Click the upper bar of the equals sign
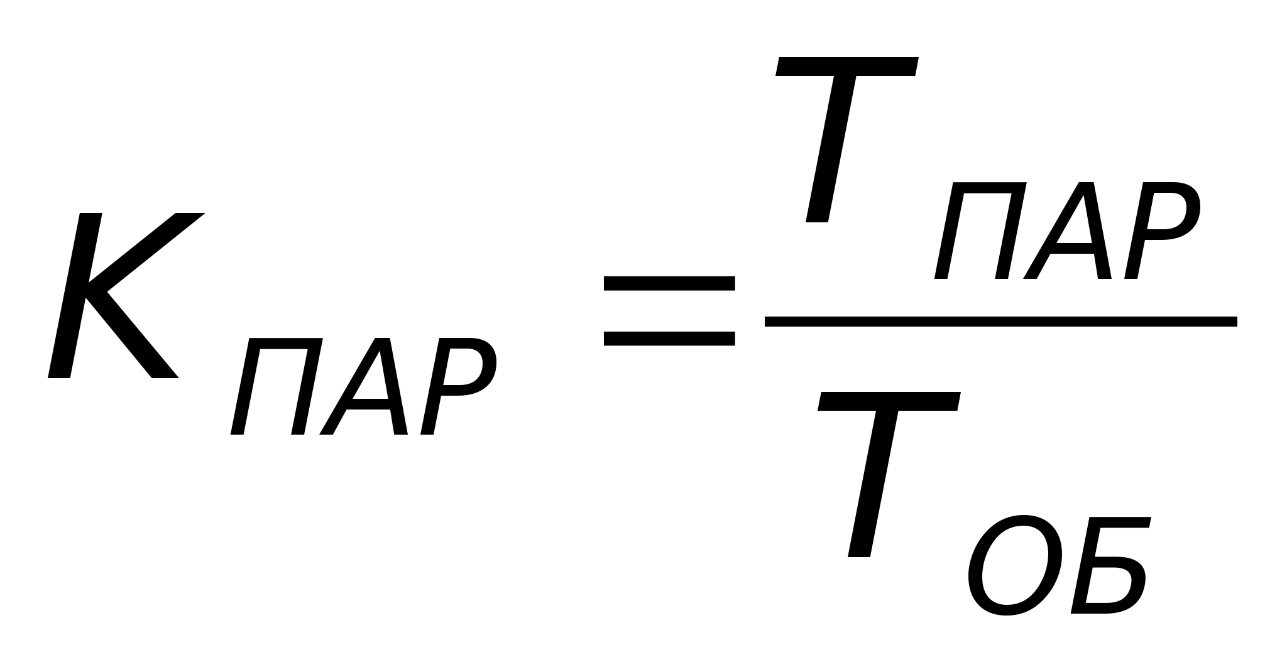click(669, 283)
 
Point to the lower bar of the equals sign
click(669, 339)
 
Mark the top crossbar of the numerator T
click(846, 67)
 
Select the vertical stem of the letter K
click(75, 295)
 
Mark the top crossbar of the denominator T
click(889, 401)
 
